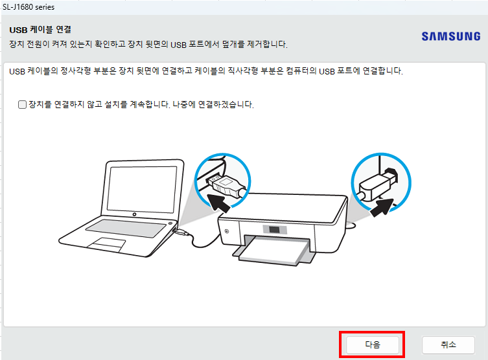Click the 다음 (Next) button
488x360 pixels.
click(x=372, y=344)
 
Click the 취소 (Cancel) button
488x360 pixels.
click(x=448, y=344)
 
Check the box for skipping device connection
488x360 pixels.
click(x=23, y=104)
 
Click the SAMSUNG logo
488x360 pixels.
click(x=450, y=36)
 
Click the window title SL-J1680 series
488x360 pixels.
click(x=29, y=6)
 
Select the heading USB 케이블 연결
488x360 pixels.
click(x=40, y=30)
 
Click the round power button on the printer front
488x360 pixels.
click(x=227, y=230)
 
